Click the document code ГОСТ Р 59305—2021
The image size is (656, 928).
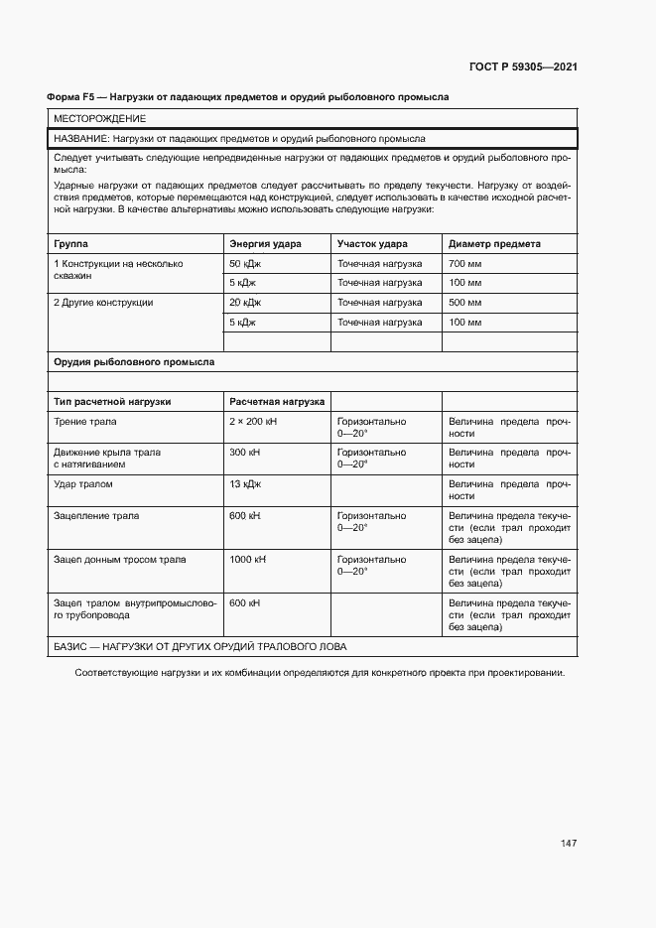click(x=522, y=67)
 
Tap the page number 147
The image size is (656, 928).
click(x=568, y=844)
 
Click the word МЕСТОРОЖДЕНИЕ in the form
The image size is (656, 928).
click(x=99, y=119)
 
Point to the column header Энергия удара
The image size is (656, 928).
click(x=265, y=243)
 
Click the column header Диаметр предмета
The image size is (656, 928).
click(x=494, y=243)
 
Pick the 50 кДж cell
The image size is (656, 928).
click(x=245, y=264)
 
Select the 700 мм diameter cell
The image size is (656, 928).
click(x=465, y=264)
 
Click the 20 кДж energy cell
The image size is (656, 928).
click(x=245, y=302)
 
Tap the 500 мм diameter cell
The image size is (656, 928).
click(x=465, y=302)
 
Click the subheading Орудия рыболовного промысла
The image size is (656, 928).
click(x=133, y=362)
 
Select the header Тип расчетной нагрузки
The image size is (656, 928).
click(x=112, y=401)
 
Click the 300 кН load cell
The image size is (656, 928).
click(x=245, y=453)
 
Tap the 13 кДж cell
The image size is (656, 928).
click(x=245, y=484)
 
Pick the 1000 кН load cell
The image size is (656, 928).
click(x=248, y=560)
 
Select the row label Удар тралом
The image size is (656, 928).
click(x=83, y=484)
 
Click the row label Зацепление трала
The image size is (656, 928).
click(x=96, y=516)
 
